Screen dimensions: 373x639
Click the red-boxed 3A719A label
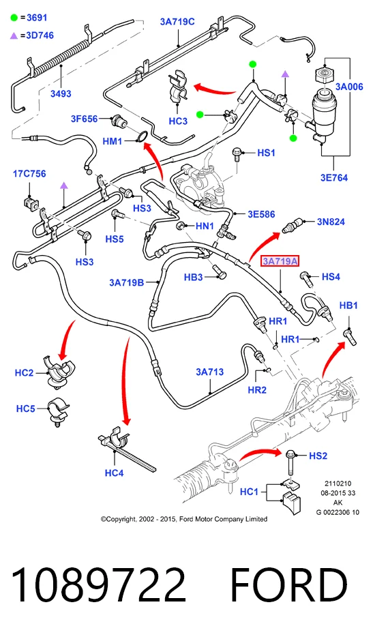(x=280, y=261)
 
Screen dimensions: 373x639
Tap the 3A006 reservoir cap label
(x=349, y=87)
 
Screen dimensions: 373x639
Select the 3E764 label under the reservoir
(x=334, y=178)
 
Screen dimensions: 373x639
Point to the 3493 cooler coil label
(x=61, y=93)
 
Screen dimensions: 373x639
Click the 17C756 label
(x=29, y=174)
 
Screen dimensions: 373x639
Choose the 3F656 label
(x=85, y=119)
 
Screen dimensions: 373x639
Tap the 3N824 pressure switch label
(x=331, y=222)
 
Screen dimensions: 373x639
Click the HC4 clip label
(x=114, y=473)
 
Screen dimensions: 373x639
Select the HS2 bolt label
(x=318, y=456)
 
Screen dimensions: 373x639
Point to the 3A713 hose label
(x=209, y=372)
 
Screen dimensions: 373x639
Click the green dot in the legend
(x=14, y=18)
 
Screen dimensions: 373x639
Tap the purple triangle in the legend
(x=14, y=36)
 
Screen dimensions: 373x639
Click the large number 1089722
(x=99, y=584)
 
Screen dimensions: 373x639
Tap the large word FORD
(x=289, y=584)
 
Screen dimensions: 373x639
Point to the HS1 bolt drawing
(x=237, y=154)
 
